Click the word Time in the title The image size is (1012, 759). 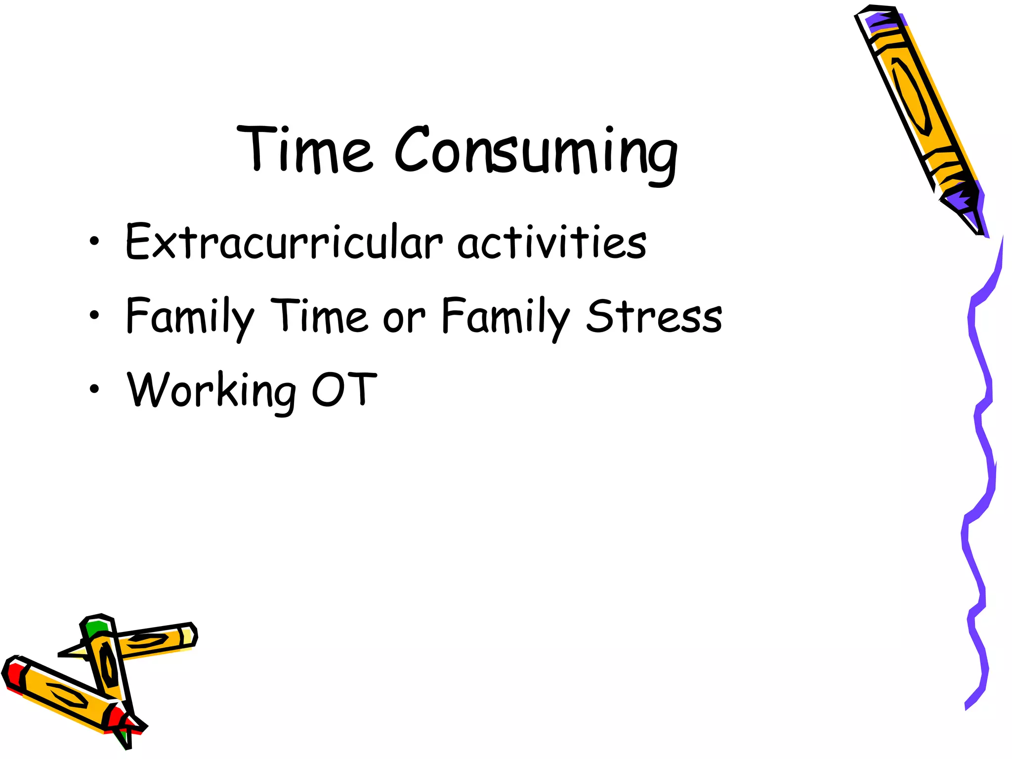click(x=304, y=149)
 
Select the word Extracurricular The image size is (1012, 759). click(x=284, y=242)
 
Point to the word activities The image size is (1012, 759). click(x=551, y=242)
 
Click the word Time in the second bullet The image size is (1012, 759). click(x=320, y=316)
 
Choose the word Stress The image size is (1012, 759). click(x=654, y=316)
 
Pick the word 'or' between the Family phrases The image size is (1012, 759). click(x=404, y=319)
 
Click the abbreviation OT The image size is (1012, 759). click(x=344, y=390)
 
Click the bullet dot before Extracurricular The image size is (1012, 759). click(x=94, y=242)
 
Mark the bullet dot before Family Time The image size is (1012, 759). click(x=94, y=315)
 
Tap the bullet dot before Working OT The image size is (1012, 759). click(x=94, y=389)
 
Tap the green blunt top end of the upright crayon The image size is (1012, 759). click(x=96, y=628)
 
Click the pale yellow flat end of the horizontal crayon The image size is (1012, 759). click(x=188, y=635)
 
